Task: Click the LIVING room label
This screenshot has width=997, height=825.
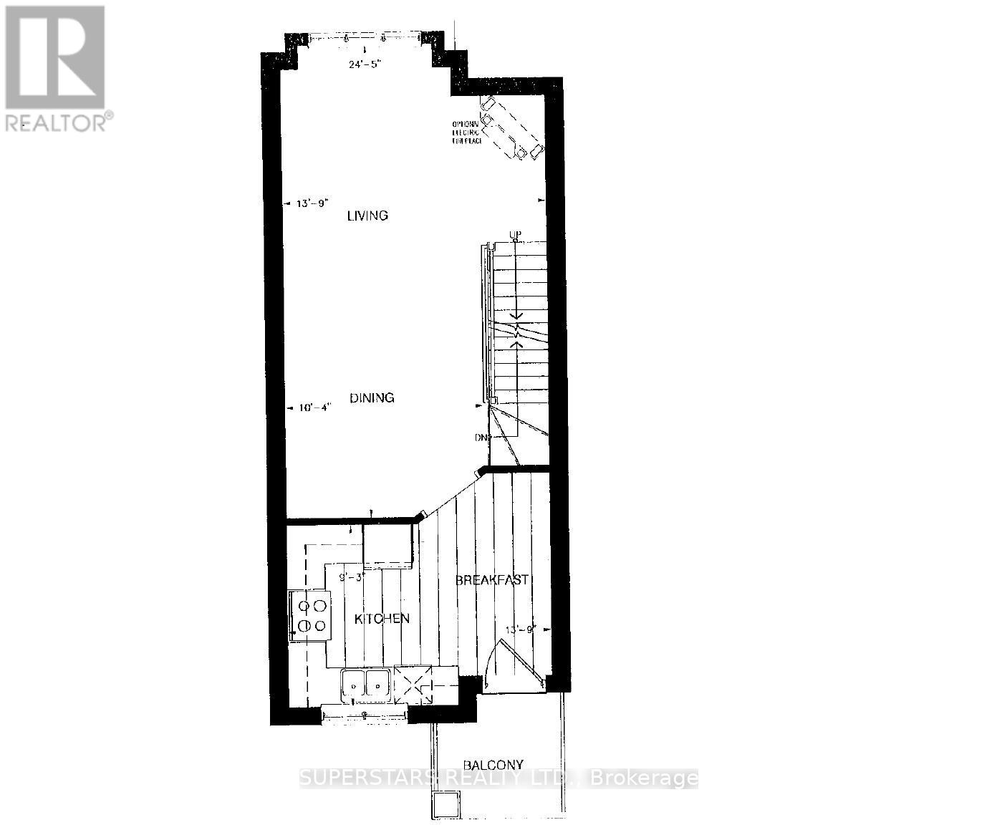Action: (x=367, y=216)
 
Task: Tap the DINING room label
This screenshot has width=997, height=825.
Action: (x=372, y=398)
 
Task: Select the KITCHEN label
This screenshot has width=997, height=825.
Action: (x=382, y=619)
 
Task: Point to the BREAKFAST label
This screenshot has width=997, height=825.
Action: (x=493, y=580)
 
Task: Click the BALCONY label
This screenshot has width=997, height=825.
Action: (x=493, y=765)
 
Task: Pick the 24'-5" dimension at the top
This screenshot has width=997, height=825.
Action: (x=366, y=63)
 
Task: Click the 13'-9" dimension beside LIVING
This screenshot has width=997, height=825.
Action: (x=312, y=203)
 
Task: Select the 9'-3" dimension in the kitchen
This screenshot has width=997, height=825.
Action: (x=352, y=576)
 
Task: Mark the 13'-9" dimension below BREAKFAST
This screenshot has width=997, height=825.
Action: (x=521, y=630)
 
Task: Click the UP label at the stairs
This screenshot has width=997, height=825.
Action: (x=514, y=235)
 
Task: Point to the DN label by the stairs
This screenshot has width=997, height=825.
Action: (x=480, y=438)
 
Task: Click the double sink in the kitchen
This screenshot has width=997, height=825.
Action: (x=365, y=683)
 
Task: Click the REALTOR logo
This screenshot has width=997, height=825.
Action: (x=55, y=68)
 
